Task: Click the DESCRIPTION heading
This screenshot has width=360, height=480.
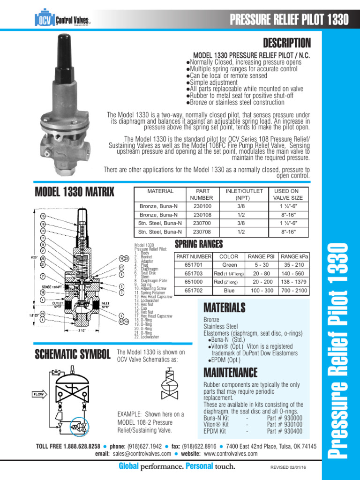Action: point(286,44)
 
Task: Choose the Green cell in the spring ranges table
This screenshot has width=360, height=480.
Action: point(229,265)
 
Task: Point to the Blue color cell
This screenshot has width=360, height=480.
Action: point(229,290)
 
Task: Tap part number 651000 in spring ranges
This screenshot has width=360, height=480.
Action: point(194,282)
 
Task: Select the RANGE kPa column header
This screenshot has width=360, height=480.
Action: point(293,256)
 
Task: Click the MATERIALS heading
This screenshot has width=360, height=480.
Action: point(225,307)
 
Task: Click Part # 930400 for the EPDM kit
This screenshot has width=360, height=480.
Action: point(285,431)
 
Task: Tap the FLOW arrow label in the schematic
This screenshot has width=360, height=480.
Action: point(38,395)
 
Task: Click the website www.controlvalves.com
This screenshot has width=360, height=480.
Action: point(231,453)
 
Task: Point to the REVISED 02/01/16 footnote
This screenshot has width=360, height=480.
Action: point(290,467)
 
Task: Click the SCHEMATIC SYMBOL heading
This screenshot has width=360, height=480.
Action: point(73,354)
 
